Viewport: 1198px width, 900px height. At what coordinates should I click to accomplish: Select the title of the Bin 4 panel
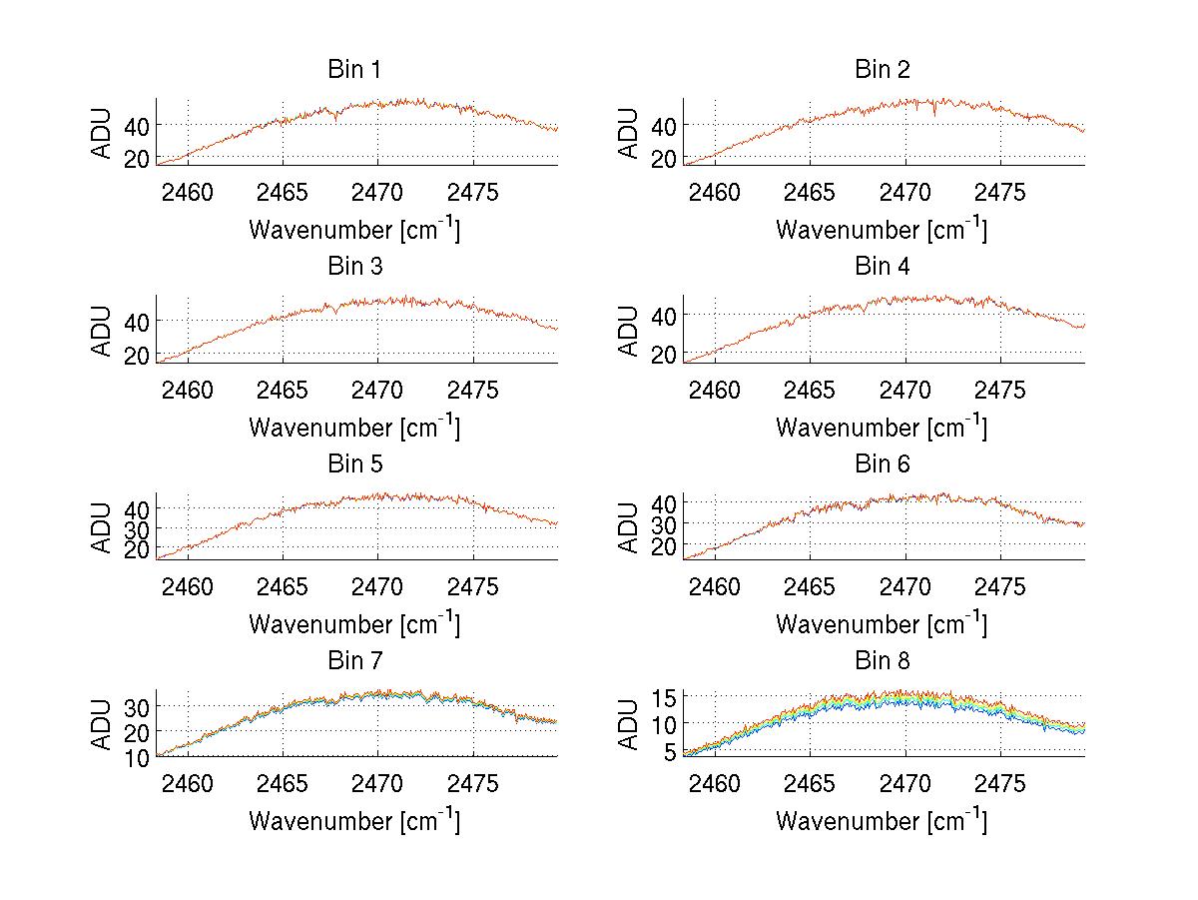pos(882,267)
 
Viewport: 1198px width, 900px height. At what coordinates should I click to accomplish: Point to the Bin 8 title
pos(882,660)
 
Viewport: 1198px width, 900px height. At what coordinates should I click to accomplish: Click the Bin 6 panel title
pos(882,463)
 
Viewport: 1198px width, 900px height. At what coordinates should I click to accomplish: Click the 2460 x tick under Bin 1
pos(188,192)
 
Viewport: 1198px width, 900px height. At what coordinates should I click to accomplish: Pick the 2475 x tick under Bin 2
pos(999,192)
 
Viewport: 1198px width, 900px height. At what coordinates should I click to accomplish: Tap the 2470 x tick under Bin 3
pos(377,389)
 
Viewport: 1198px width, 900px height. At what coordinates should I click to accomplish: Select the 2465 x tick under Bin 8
pos(811,783)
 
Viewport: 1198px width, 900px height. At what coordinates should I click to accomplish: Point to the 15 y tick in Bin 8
pos(666,696)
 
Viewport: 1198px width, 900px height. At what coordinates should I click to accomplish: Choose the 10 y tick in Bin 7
pos(139,757)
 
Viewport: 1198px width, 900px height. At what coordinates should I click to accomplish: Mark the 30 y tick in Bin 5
pos(139,528)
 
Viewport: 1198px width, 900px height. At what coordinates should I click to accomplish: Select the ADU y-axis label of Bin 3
pos(103,330)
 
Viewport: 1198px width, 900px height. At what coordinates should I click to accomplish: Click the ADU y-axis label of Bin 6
pos(630,526)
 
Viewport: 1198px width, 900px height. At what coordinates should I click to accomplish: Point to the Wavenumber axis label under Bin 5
pos(353,624)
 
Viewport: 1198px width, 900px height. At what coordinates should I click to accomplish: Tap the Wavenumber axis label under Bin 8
pos(882,821)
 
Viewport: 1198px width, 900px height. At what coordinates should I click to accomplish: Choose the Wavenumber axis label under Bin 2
pos(882,230)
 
